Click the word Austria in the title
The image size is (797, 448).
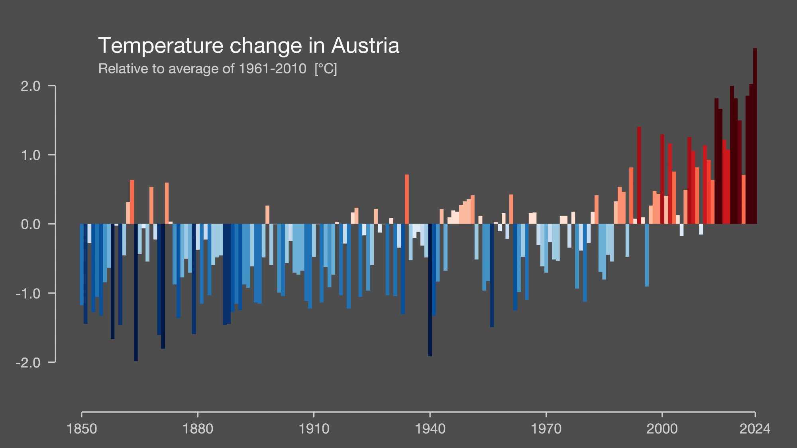pos(365,45)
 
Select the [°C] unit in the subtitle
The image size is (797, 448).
pos(326,69)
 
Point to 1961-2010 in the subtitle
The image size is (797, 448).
pos(273,69)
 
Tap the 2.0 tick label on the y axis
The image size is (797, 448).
pos(31,86)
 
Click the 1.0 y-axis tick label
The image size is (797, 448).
pos(31,155)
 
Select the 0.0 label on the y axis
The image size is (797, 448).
pos(31,224)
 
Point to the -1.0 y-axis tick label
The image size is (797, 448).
pos(28,294)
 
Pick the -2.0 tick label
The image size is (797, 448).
pos(28,363)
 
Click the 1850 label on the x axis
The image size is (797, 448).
pos(82,429)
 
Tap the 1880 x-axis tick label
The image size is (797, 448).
pos(198,429)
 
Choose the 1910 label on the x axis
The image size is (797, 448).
pos(314,429)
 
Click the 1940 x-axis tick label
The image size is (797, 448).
pos(430,429)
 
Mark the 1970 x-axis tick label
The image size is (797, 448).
pos(546,429)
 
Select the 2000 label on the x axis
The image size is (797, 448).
pos(662,429)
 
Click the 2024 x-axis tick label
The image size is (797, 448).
pos(755,429)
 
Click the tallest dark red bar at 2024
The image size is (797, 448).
pos(755,136)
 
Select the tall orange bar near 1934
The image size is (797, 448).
pos(407,199)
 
